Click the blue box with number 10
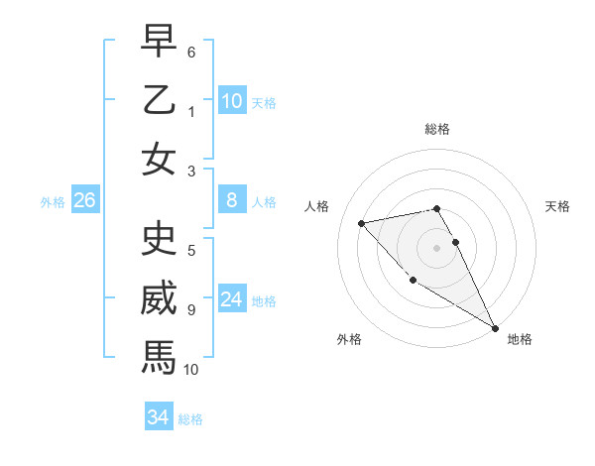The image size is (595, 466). (x=232, y=101)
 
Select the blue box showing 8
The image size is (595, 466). (x=232, y=201)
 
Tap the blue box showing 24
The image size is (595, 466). (x=232, y=299)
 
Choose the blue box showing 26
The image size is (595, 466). (x=85, y=201)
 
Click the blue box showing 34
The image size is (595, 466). (x=159, y=417)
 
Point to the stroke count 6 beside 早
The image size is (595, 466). (x=191, y=51)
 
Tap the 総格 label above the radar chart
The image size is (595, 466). (x=437, y=129)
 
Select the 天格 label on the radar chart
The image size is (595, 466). (x=557, y=206)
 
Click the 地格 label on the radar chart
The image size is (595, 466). (x=520, y=339)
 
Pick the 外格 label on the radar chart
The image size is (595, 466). (x=349, y=339)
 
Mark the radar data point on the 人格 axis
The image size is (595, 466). (x=362, y=223)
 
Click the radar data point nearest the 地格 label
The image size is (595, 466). (x=495, y=328)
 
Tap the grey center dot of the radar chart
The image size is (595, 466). (x=436, y=247)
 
